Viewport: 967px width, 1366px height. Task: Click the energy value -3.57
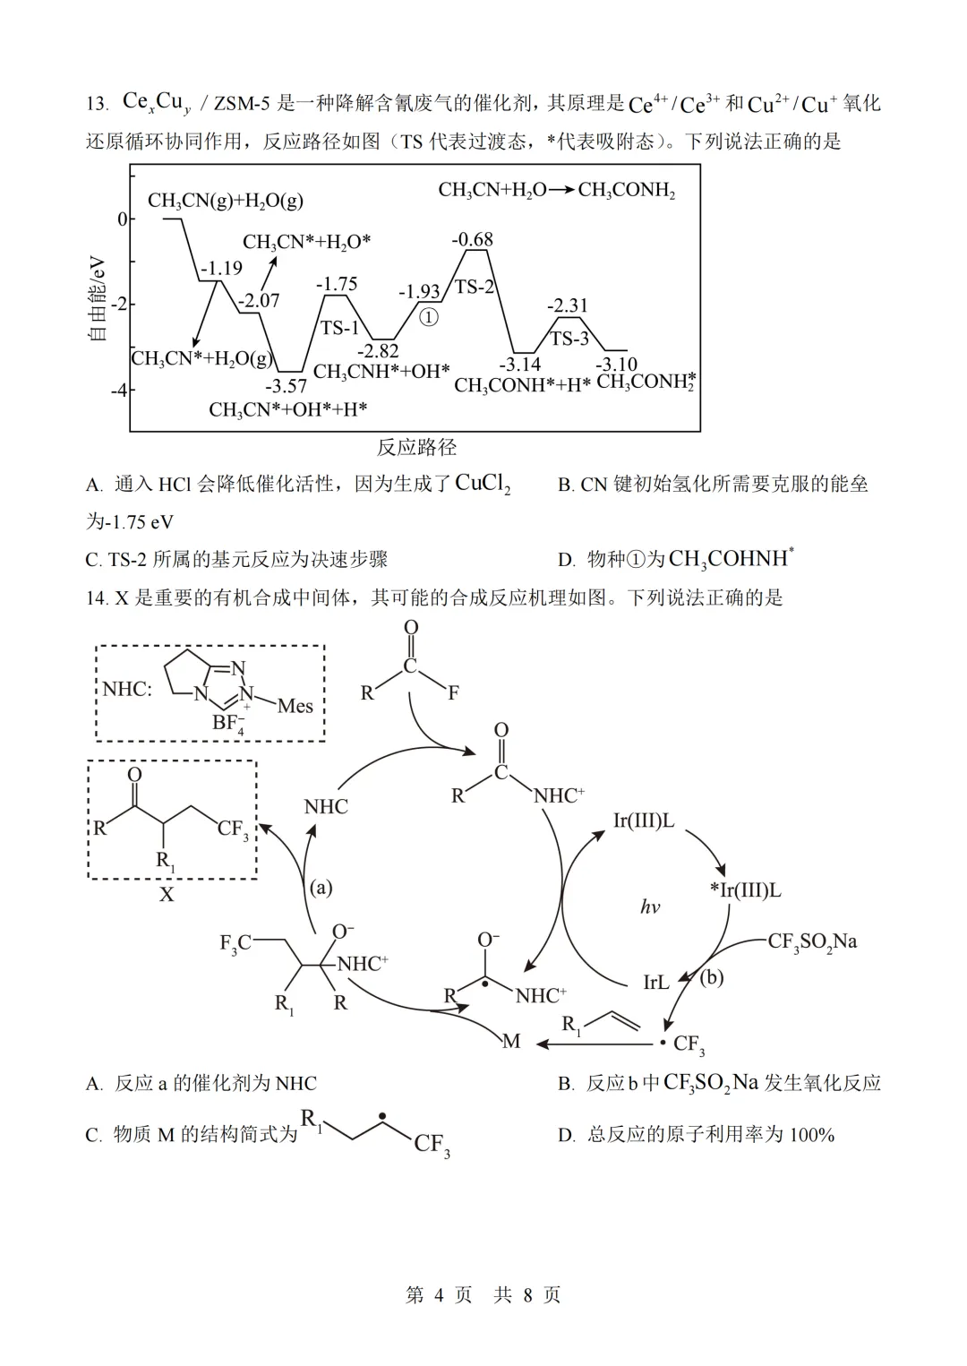tap(287, 386)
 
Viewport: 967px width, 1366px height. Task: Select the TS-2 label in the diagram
tap(475, 286)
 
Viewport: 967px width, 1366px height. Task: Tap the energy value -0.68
tap(473, 239)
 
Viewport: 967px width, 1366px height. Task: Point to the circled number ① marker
tap(429, 317)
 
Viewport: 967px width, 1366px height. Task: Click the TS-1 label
tap(339, 328)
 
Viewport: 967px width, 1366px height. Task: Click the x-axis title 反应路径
tap(416, 447)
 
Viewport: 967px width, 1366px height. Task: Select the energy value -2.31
tap(568, 305)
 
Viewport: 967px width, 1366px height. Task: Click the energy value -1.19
tap(221, 268)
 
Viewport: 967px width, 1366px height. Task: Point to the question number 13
tap(97, 103)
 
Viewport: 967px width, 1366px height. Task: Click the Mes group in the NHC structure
tap(295, 706)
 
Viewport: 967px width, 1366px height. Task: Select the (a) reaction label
tap(321, 887)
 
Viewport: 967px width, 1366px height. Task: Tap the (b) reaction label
tap(711, 977)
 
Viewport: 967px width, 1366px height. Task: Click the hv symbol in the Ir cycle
tap(650, 906)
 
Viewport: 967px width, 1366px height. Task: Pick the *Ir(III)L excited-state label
tap(745, 890)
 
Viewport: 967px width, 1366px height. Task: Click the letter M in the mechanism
tap(511, 1041)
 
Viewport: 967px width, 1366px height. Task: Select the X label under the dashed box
tap(167, 895)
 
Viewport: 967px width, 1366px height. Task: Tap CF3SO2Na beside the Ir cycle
tap(812, 942)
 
